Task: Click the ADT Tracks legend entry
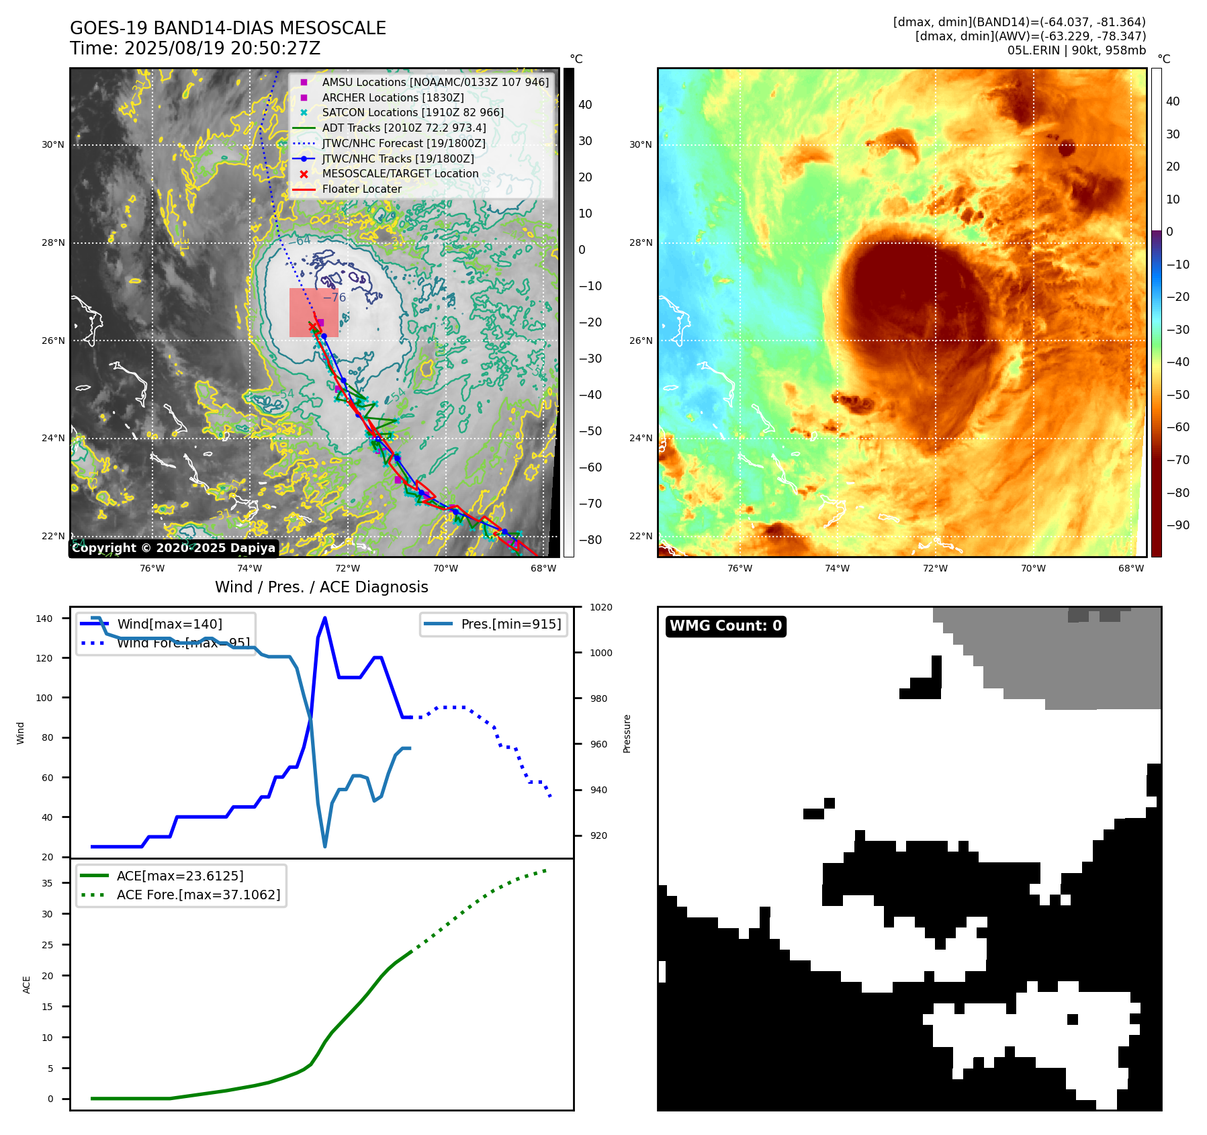(404, 128)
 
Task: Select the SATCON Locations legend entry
(412, 112)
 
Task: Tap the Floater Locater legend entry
(361, 189)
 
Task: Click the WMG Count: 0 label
(725, 626)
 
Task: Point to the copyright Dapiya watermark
(173, 548)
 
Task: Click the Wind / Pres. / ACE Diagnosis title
(321, 587)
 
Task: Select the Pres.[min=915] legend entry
(510, 624)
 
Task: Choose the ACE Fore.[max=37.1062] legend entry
(198, 895)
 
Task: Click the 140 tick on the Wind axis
(44, 619)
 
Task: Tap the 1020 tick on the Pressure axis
(600, 607)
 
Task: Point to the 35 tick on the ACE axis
(48, 883)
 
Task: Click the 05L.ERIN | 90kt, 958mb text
(1076, 50)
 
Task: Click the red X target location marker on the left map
(312, 326)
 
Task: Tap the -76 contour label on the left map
(334, 298)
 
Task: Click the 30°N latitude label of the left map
(53, 144)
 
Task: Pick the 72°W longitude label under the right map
(935, 568)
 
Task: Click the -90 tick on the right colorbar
(1177, 525)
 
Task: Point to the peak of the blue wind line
(325, 618)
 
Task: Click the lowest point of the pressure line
(325, 846)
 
